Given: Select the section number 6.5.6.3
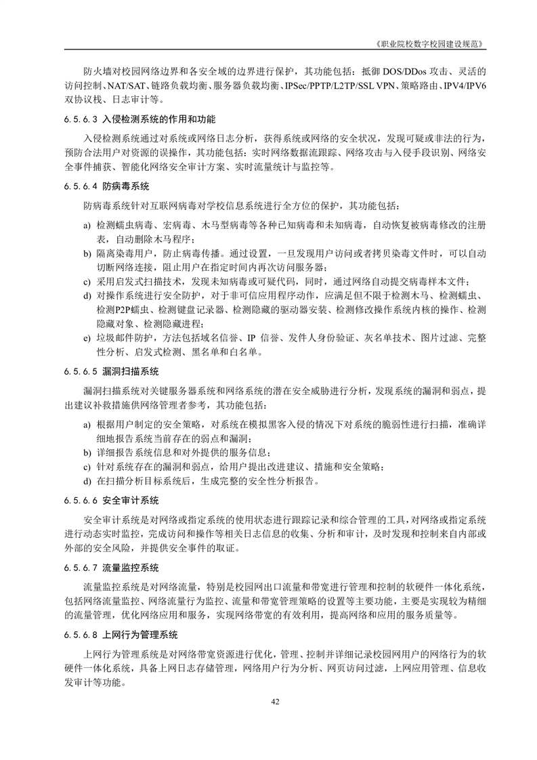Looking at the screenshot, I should (82, 121).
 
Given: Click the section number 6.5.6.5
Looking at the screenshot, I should (82, 372).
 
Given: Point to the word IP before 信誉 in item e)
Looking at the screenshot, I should (251, 338).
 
